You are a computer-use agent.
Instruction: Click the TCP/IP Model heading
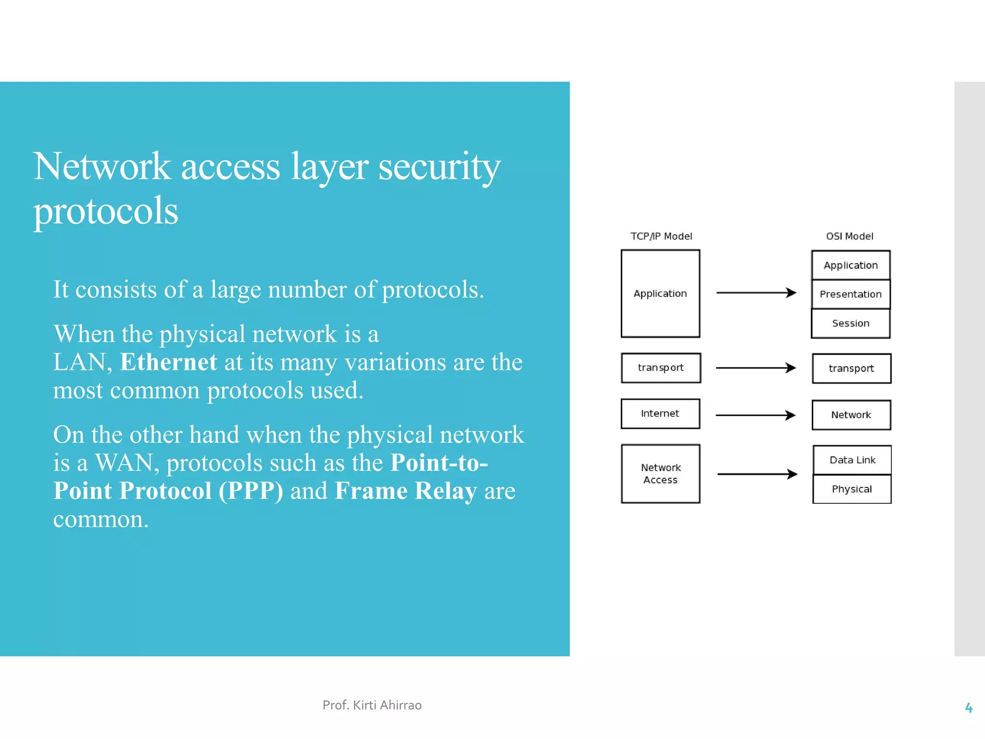tap(661, 236)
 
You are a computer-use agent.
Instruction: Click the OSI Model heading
tap(849, 236)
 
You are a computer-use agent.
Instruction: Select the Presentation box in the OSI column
tap(850, 294)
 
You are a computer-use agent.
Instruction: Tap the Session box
tap(850, 323)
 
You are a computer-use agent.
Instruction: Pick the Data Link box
tap(852, 460)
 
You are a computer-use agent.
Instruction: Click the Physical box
tap(852, 489)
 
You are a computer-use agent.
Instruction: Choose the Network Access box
tap(660, 474)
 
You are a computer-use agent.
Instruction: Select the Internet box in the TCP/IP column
tap(660, 414)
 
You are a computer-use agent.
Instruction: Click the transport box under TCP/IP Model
tap(660, 368)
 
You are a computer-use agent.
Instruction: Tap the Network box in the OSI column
tap(851, 415)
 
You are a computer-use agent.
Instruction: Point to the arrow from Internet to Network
tap(755, 415)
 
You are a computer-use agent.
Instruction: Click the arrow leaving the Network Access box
tap(757, 474)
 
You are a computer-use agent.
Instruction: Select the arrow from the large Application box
tap(756, 293)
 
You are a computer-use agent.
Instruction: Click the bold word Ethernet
tap(168, 362)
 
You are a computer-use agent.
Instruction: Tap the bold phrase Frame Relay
tap(405, 491)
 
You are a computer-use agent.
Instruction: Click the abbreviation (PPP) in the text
tap(251, 491)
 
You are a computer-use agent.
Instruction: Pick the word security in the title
tap(439, 167)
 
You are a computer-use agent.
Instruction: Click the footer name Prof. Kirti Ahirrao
tap(372, 705)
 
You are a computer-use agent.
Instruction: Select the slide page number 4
tap(969, 708)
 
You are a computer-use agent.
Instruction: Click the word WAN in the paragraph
tap(124, 463)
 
